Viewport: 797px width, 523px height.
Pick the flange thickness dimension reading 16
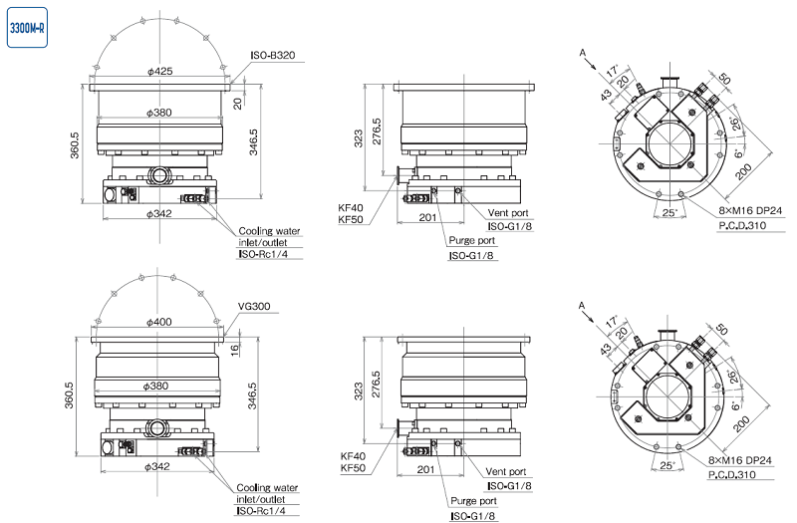236,350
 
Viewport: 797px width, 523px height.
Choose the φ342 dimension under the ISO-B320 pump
160,213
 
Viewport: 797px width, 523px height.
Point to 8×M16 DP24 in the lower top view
746,461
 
